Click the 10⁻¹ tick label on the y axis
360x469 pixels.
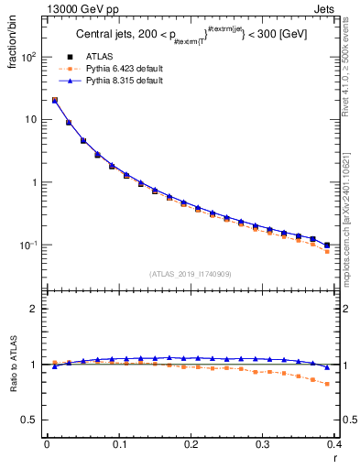29,245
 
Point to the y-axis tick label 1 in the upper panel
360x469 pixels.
34,182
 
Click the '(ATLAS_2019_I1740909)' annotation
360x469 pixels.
191,274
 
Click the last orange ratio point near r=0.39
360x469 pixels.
327,384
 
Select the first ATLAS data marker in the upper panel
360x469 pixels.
55,101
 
